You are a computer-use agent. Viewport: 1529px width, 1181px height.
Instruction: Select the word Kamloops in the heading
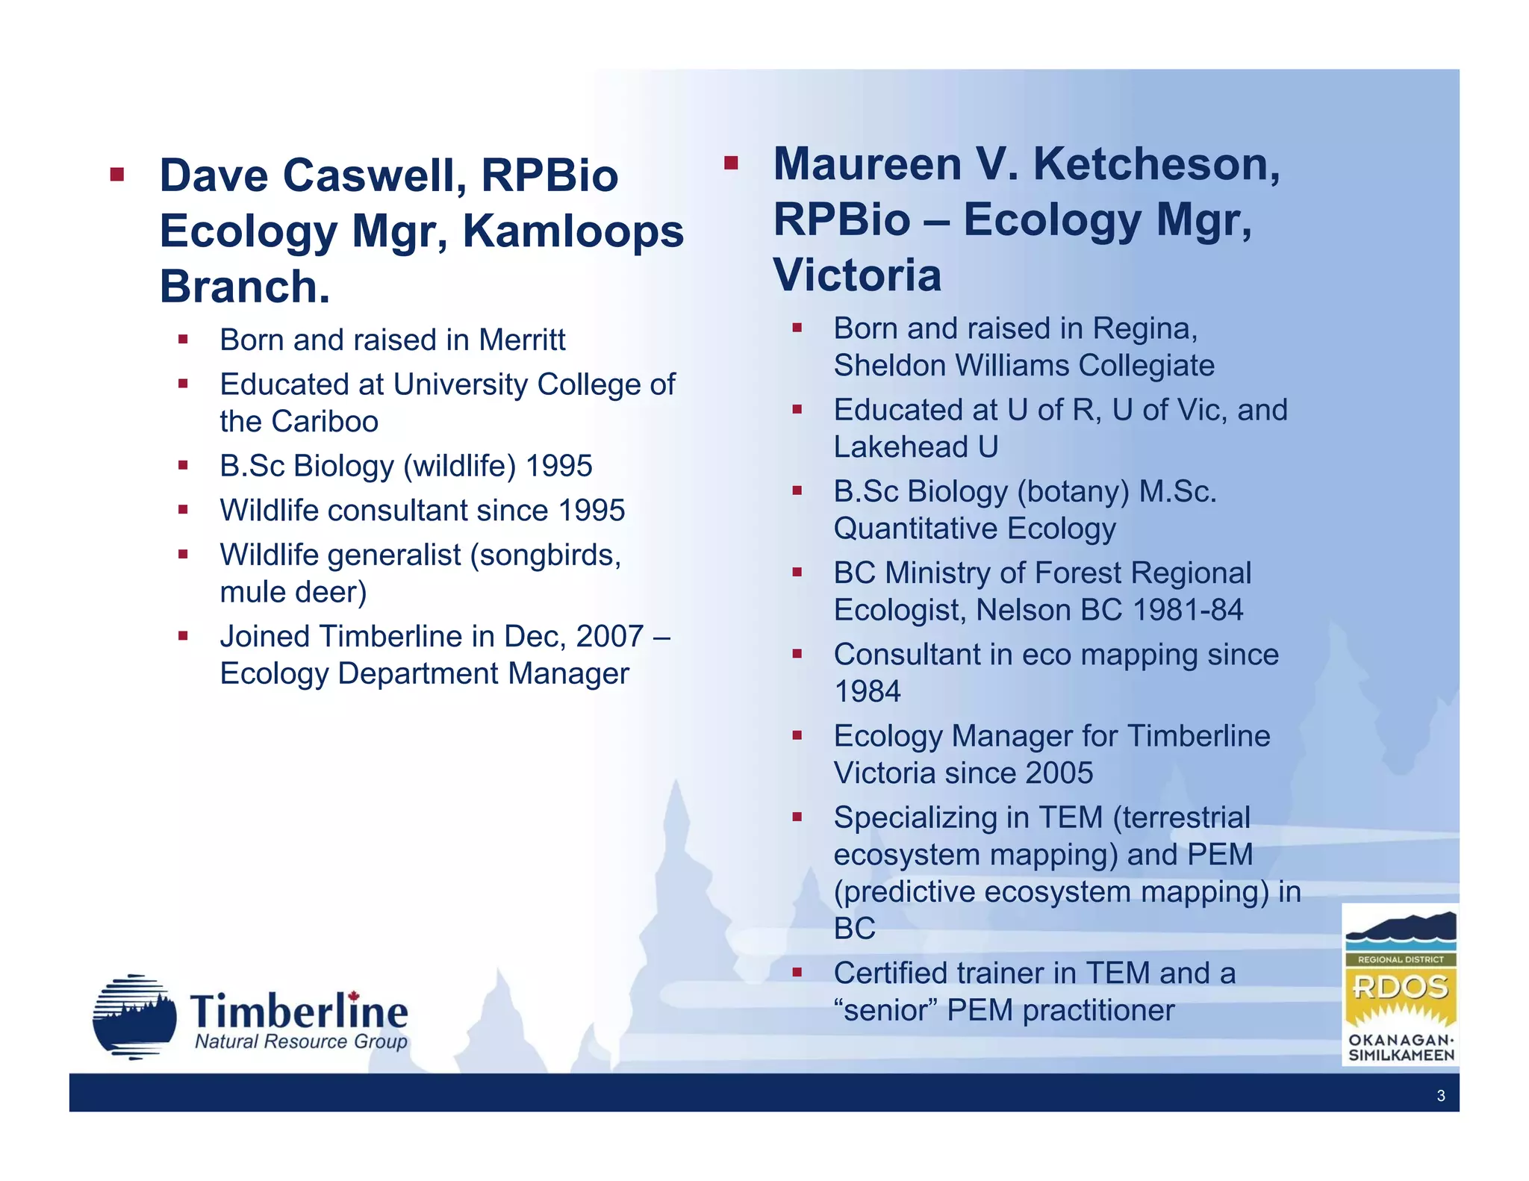coord(573,231)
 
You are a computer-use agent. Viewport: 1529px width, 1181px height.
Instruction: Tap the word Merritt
coord(522,340)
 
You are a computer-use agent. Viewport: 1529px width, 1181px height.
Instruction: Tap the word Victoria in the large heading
coord(857,275)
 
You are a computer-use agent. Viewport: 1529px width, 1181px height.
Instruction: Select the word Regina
coord(1145,329)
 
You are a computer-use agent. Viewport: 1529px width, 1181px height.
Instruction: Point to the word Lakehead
coord(899,447)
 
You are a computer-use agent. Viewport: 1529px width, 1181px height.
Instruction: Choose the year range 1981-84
coord(1187,611)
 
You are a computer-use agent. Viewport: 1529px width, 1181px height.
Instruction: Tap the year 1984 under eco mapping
coord(867,692)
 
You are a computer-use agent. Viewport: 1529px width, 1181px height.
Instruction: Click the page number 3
coord(1440,1096)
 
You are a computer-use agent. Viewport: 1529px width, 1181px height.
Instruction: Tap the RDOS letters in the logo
coord(1400,987)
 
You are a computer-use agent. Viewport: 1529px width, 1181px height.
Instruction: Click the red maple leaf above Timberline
coord(354,996)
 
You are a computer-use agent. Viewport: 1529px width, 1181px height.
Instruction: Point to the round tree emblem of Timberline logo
coord(134,1017)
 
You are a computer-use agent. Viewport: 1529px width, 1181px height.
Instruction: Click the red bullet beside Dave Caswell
coord(116,175)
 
